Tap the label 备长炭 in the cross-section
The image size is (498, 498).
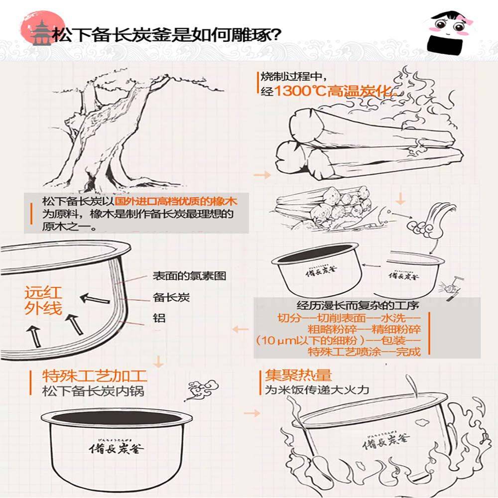click(x=171, y=298)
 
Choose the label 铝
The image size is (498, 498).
click(x=159, y=319)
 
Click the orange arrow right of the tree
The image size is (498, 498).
click(x=262, y=175)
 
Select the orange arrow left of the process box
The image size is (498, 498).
click(x=241, y=329)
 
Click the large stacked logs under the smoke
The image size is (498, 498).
click(x=349, y=142)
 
